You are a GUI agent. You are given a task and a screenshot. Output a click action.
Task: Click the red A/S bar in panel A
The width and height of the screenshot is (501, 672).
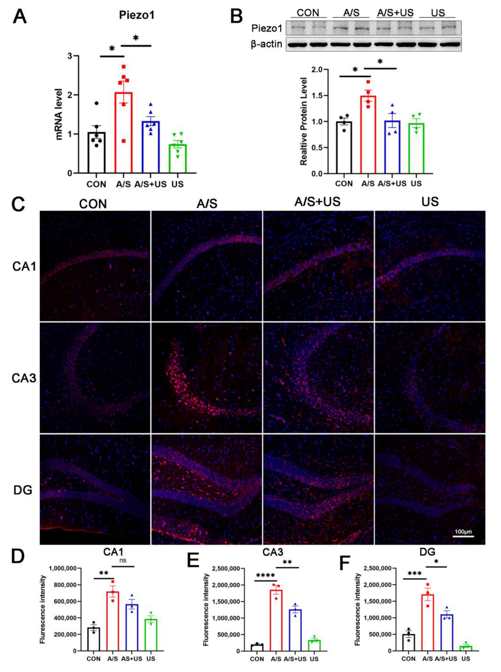click(123, 133)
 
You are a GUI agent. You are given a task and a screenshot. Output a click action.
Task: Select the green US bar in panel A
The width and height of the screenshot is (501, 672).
click(177, 159)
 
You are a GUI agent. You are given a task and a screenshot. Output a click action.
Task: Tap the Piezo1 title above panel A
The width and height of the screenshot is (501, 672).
click(136, 15)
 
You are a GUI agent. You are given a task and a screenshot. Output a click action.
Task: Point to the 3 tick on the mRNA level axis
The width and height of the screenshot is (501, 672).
click(69, 56)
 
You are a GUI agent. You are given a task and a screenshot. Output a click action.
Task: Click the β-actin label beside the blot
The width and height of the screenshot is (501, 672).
click(266, 44)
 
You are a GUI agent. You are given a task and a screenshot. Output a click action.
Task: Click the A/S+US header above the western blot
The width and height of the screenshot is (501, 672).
click(395, 13)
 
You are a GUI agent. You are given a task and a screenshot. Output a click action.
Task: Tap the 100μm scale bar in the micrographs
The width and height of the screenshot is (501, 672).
click(463, 536)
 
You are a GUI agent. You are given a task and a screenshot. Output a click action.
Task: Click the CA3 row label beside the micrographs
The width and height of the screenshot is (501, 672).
click(24, 378)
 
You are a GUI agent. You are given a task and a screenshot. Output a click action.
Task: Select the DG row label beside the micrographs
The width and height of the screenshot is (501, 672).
click(23, 490)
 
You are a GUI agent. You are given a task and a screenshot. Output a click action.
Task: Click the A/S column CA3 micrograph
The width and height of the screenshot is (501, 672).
click(207, 378)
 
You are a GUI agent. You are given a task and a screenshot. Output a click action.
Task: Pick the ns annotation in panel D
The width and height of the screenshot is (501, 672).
click(123, 560)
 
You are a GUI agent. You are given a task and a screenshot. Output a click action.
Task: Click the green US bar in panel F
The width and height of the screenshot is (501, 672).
click(466, 648)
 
